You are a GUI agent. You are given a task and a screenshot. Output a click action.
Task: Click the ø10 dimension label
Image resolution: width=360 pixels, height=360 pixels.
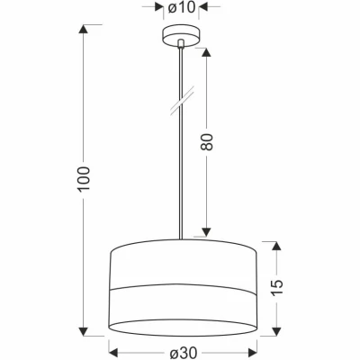(182, 8)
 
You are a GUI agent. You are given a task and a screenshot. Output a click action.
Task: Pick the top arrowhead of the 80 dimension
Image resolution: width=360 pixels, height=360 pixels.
(208, 47)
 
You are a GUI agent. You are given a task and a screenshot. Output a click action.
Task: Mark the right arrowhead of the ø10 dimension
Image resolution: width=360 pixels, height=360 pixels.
(200, 8)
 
